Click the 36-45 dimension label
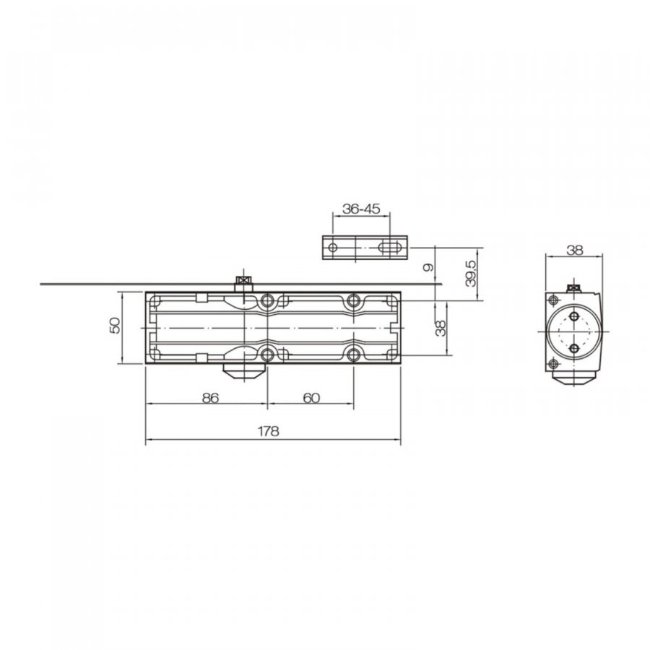(x=361, y=209)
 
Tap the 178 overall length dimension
(x=269, y=431)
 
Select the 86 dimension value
(x=210, y=398)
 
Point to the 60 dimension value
(x=311, y=398)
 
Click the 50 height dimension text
(x=115, y=326)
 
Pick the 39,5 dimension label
(x=472, y=274)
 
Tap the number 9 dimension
(x=428, y=267)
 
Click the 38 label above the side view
(x=575, y=250)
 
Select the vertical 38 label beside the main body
(x=441, y=328)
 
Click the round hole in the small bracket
(x=332, y=248)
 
